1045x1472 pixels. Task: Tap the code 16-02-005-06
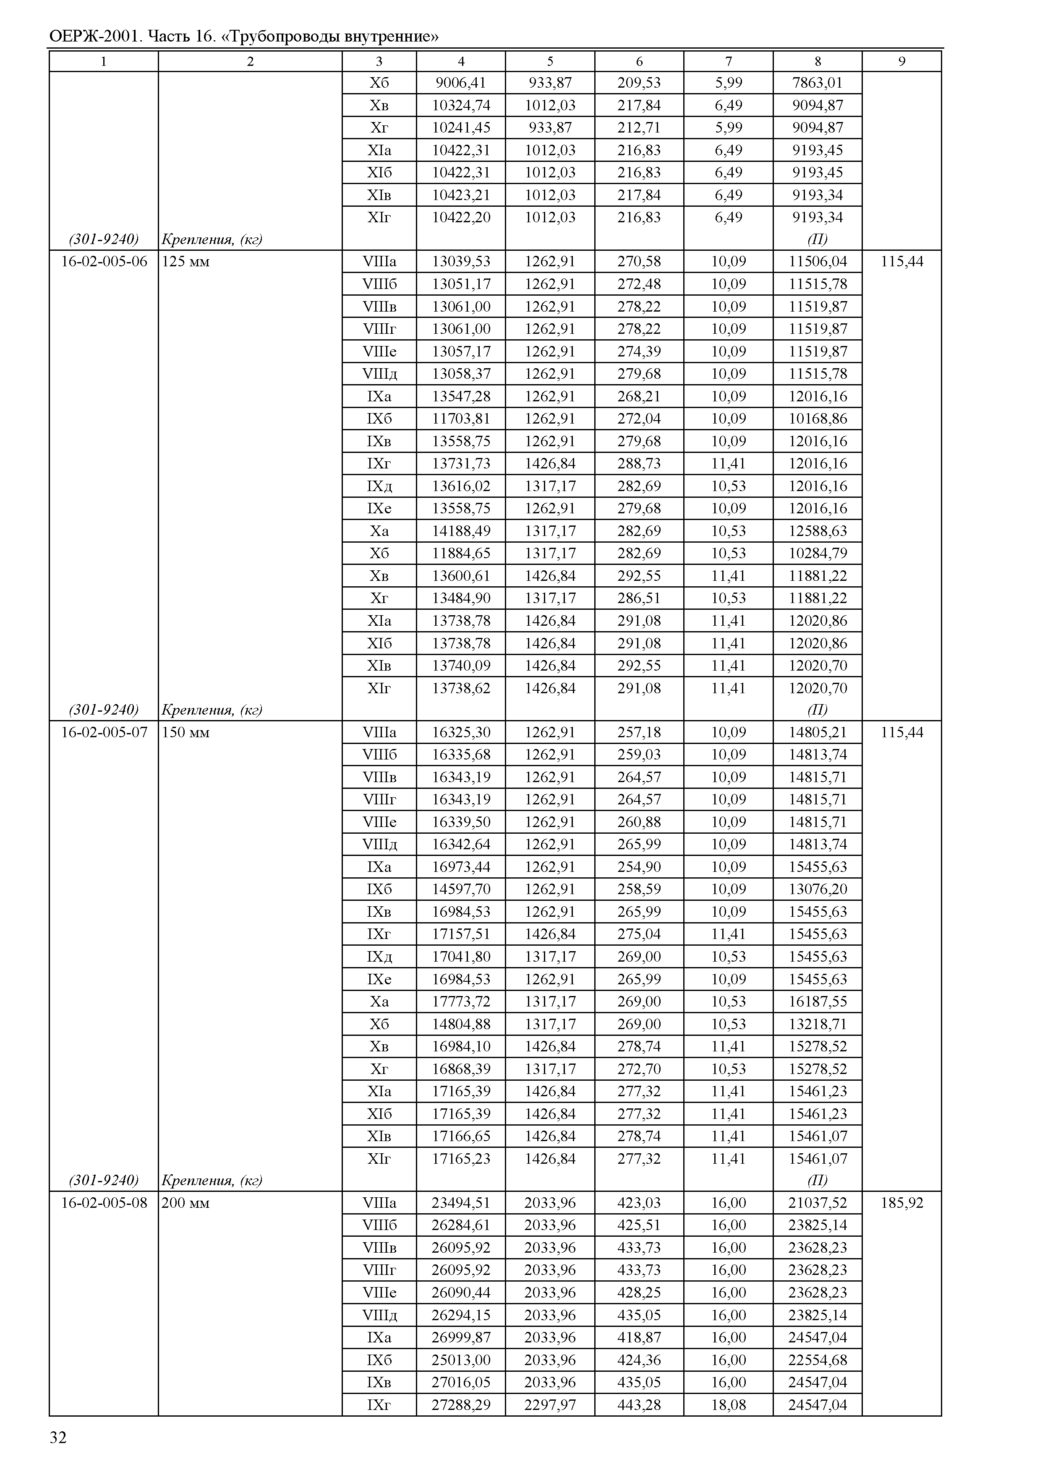coord(104,262)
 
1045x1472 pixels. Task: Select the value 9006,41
coord(461,82)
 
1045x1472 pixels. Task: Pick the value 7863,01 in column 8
coord(817,82)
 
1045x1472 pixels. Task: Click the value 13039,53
coord(461,262)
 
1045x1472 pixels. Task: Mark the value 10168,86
coord(817,419)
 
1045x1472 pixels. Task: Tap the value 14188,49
coord(461,531)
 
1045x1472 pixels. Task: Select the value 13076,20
coord(817,889)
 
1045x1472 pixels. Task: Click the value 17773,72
coord(461,1001)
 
